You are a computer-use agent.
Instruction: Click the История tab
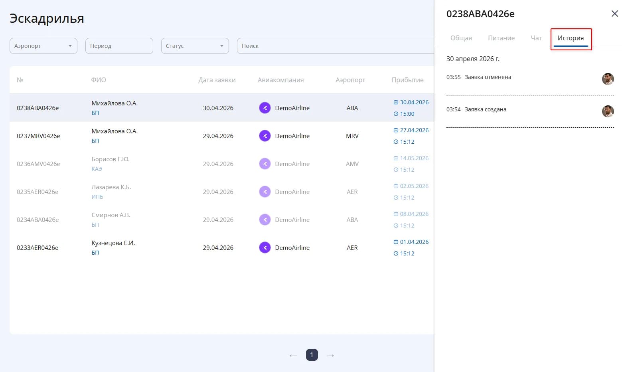[x=571, y=38]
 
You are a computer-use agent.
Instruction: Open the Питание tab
[x=501, y=38]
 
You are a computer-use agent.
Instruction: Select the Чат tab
[x=536, y=38]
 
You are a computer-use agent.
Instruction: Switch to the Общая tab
[x=461, y=38]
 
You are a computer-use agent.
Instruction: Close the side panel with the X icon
[x=614, y=14]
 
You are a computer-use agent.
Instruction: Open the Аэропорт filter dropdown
[x=43, y=46]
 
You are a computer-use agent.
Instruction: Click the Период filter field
[x=119, y=46]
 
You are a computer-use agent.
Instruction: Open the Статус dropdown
[x=195, y=46]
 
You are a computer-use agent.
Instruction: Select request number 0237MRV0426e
[x=38, y=136]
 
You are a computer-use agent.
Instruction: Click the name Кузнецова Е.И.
[x=113, y=243]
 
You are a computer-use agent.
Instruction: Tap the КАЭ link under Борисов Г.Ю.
[x=97, y=169]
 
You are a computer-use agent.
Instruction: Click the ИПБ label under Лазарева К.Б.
[x=97, y=197]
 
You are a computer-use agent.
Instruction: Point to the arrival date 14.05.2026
[x=414, y=158]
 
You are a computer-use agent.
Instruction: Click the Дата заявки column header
[x=217, y=80]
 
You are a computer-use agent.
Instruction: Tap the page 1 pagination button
[x=312, y=355]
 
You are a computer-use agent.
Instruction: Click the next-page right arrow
[x=330, y=355]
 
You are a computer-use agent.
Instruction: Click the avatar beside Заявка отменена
[x=608, y=79]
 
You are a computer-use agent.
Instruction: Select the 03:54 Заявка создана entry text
[x=476, y=109]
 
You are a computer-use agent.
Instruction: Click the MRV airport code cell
[x=352, y=136]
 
